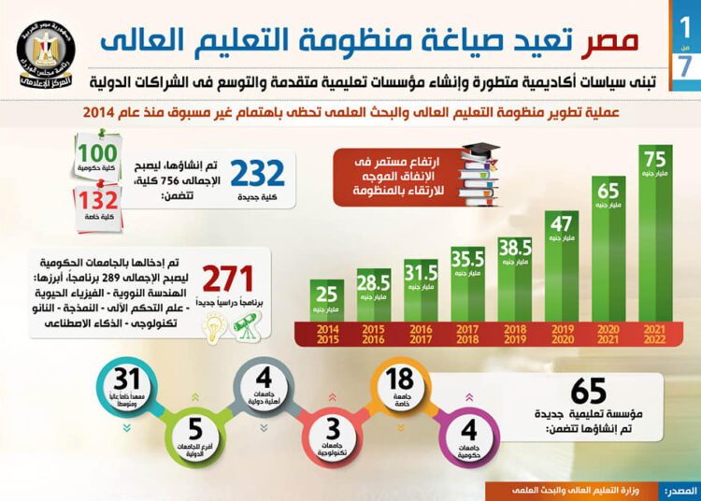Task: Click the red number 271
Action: pyautogui.click(x=231, y=280)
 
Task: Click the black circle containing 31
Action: pyautogui.click(x=128, y=383)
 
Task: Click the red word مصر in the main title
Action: pyautogui.click(x=616, y=39)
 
